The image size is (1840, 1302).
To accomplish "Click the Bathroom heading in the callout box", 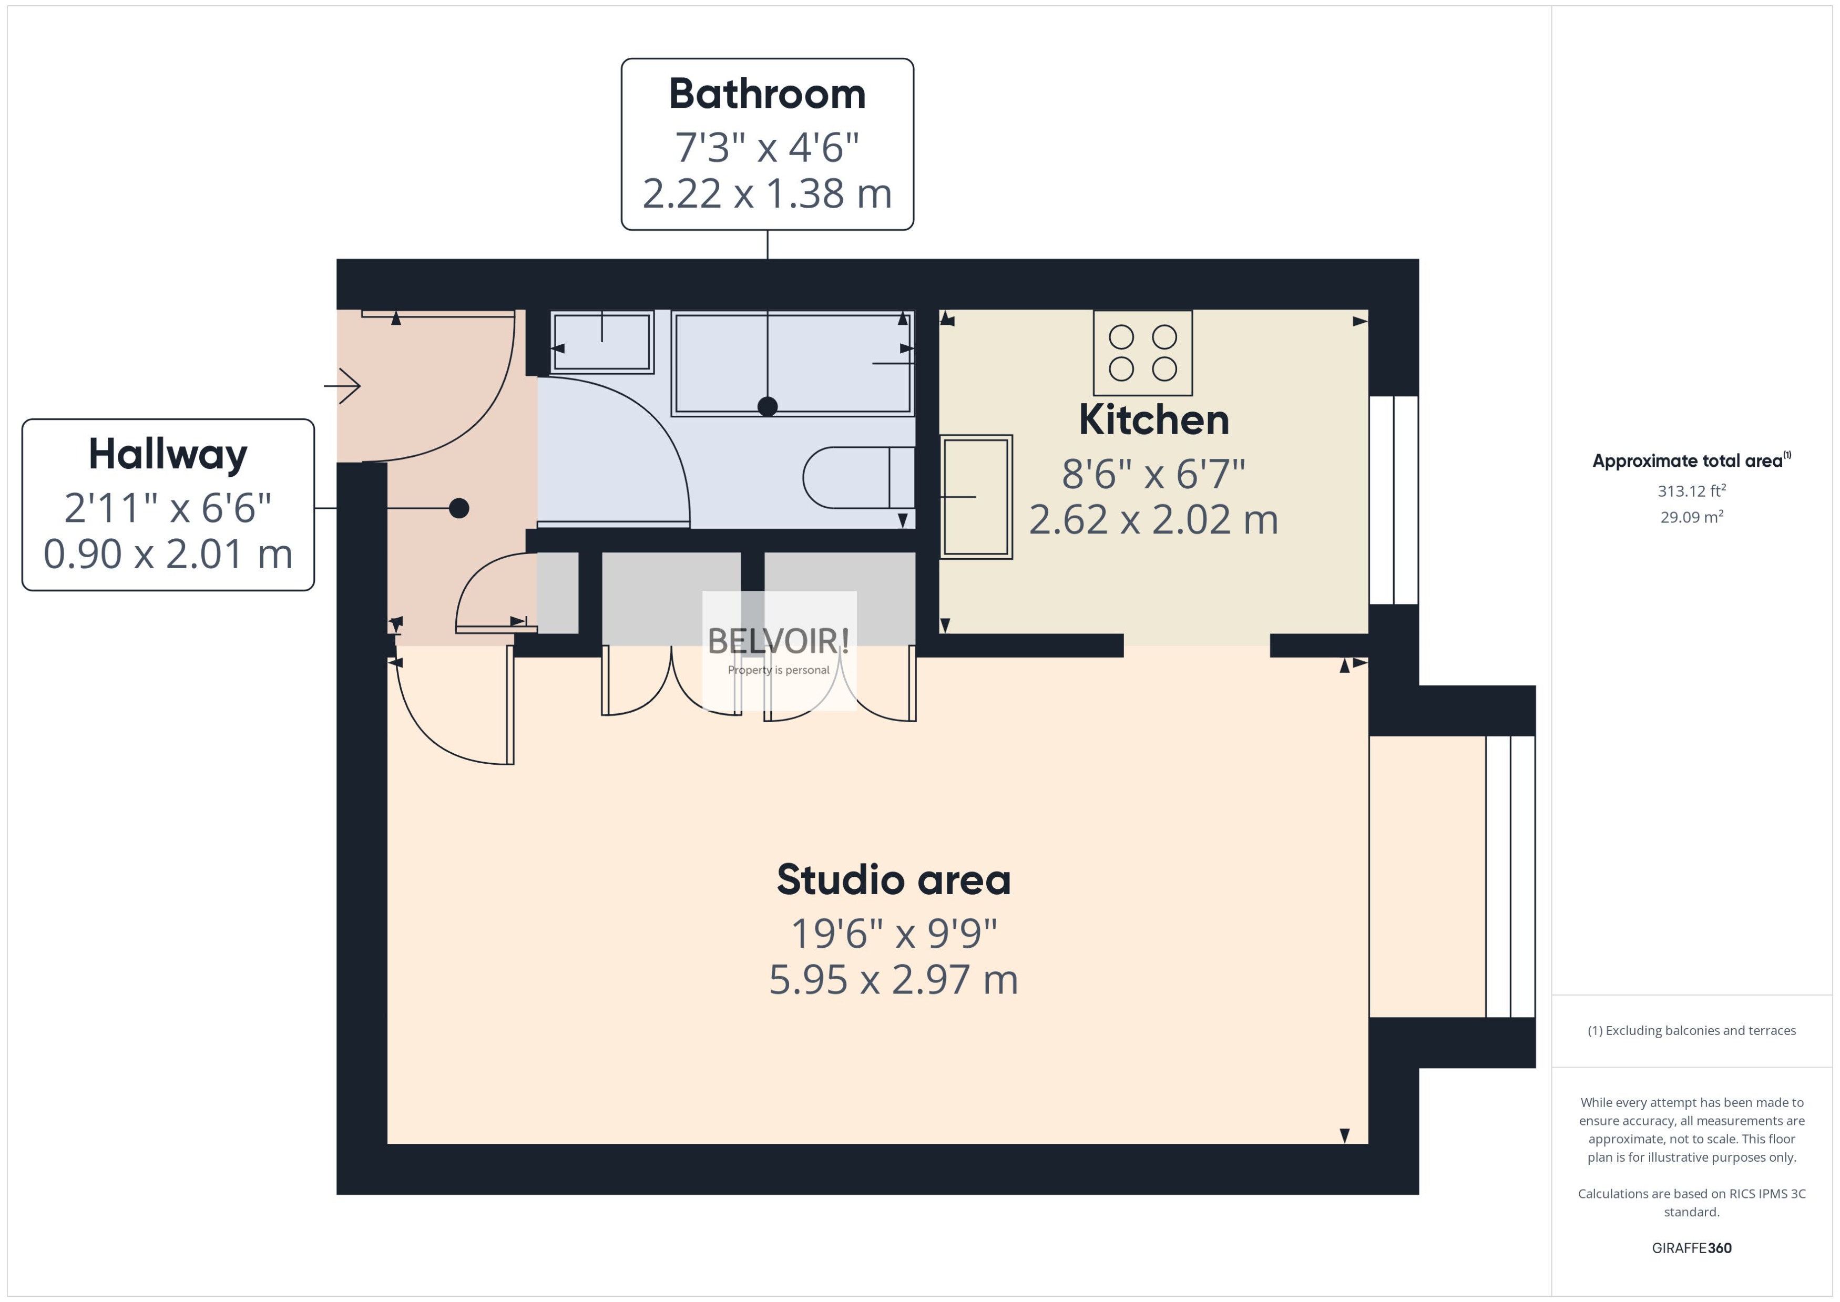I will point(767,95).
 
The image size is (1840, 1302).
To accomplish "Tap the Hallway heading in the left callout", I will point(168,455).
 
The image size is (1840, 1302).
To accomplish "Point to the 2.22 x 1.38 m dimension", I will point(767,194).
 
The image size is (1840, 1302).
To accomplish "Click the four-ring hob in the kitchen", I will point(1142,353).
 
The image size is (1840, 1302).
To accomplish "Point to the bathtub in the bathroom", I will point(792,363).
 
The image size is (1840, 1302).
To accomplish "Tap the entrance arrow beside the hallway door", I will point(343,386).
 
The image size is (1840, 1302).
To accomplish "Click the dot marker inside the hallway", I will point(458,508).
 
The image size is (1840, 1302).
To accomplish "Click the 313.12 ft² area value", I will point(1691,490).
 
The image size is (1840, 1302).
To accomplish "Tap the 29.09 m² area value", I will point(1691,517).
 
